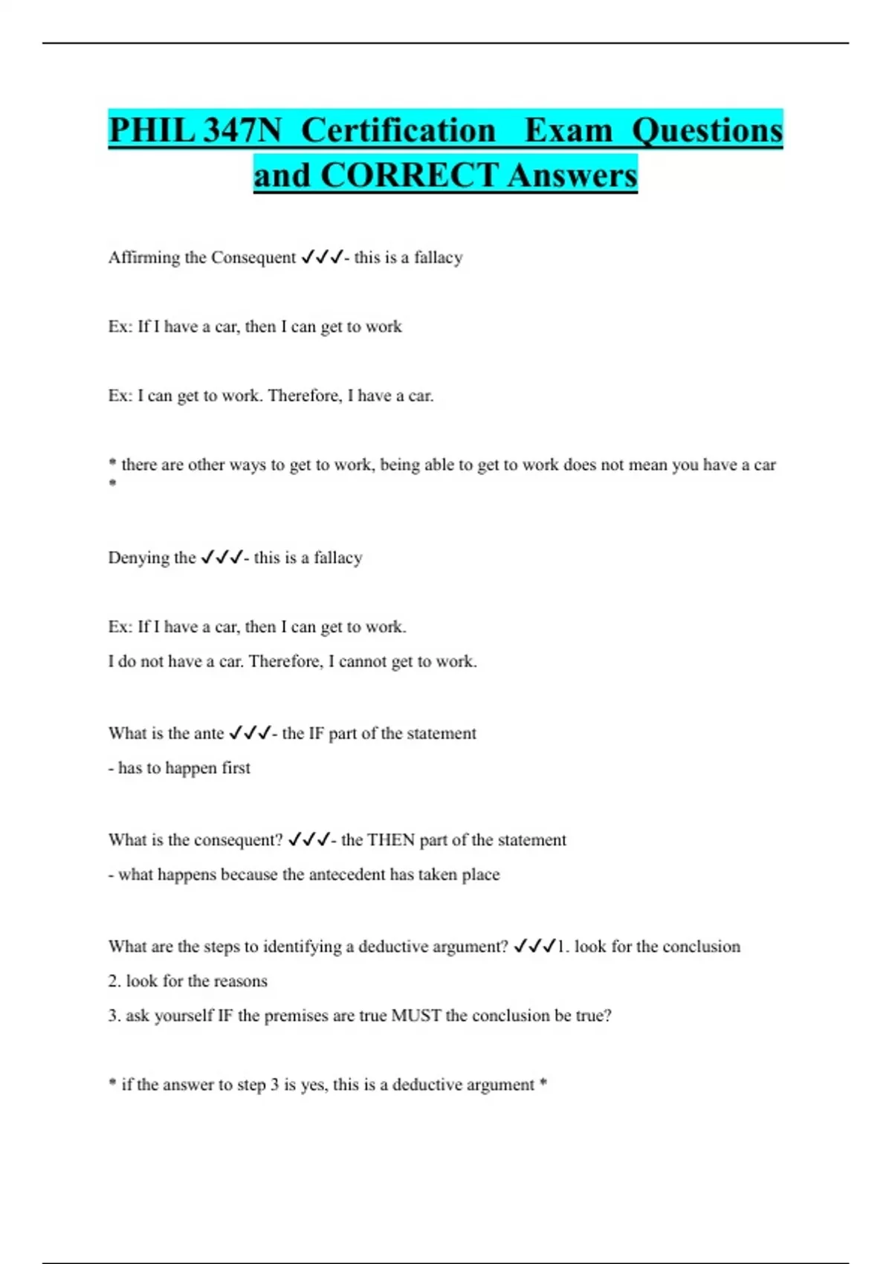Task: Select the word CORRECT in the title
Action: (x=409, y=176)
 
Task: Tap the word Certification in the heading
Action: (x=398, y=131)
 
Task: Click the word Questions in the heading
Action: (x=707, y=131)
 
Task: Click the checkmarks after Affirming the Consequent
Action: (x=322, y=257)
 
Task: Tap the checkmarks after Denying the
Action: (x=222, y=558)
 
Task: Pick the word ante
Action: (x=209, y=734)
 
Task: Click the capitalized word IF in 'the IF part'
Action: (x=316, y=734)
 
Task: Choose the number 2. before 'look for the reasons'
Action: (x=114, y=981)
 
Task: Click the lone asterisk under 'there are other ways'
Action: (x=113, y=484)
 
